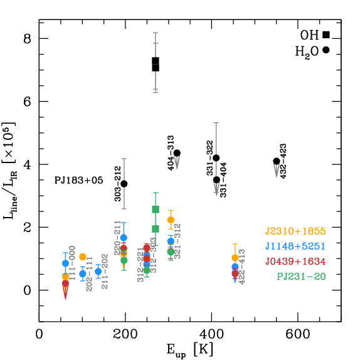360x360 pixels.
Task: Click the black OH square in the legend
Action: (326, 34)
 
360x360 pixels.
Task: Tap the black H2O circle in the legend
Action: (326, 50)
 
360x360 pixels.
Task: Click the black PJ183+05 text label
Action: (78, 181)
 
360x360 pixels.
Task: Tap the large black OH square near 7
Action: (156, 64)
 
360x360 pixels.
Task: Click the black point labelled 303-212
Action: (124, 184)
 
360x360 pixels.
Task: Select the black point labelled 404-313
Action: (177, 153)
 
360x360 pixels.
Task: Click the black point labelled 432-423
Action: (277, 161)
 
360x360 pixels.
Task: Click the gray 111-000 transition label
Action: (73, 263)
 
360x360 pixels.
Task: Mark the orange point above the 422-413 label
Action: (235, 258)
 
